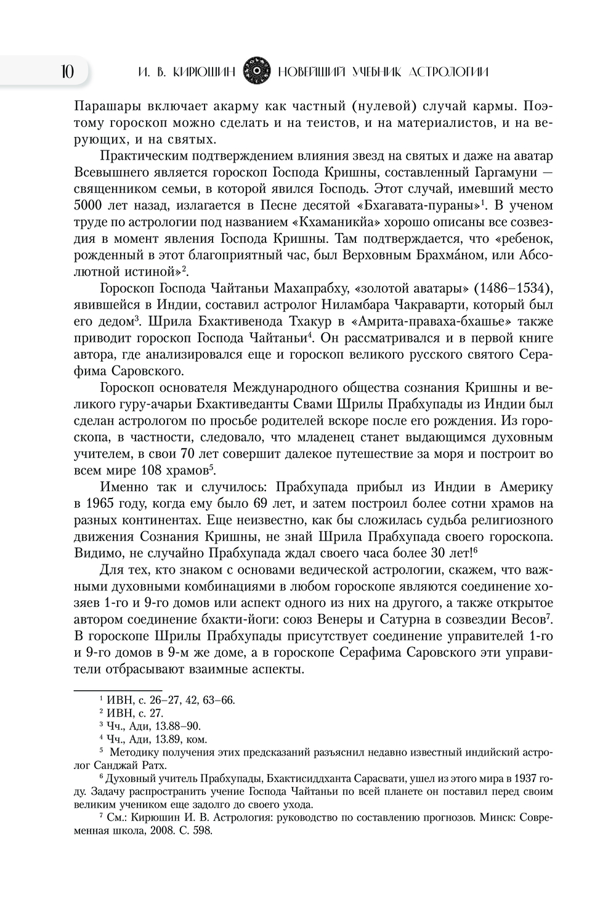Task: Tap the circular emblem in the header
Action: pyautogui.click(x=256, y=72)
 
